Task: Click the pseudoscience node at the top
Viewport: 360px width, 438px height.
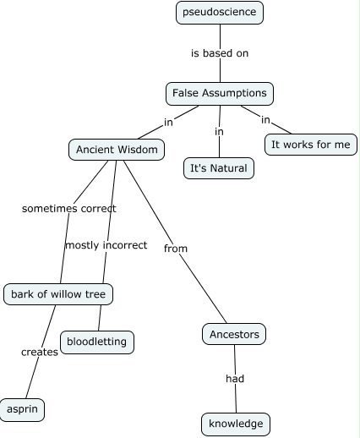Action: tap(220, 13)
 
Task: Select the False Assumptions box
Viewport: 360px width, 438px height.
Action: tap(220, 92)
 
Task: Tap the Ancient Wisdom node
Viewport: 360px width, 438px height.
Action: tap(117, 150)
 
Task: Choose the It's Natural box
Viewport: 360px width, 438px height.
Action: tap(219, 167)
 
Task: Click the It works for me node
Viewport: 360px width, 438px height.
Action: tap(310, 145)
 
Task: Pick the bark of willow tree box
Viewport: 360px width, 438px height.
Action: tap(58, 294)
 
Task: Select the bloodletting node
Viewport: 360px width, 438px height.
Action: tap(97, 342)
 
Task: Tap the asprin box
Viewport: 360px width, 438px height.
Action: tap(22, 409)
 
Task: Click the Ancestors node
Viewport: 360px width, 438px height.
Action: tap(235, 334)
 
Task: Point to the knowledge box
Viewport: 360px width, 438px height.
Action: tap(236, 424)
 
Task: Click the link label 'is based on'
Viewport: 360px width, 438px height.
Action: tap(220, 53)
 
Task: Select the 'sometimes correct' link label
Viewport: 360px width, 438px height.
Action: tap(68, 208)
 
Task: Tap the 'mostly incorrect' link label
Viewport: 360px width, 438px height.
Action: tap(106, 245)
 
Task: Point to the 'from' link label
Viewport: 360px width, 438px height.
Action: tap(175, 249)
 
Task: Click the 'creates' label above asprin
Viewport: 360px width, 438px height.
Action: tap(40, 352)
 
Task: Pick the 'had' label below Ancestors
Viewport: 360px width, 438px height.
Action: tap(235, 379)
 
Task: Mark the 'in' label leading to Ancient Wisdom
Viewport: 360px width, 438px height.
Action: tap(168, 122)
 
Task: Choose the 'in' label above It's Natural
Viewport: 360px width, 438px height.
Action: tap(219, 131)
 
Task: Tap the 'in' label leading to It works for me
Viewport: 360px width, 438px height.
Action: tap(265, 119)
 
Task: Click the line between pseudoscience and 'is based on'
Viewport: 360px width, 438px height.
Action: tap(220, 34)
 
